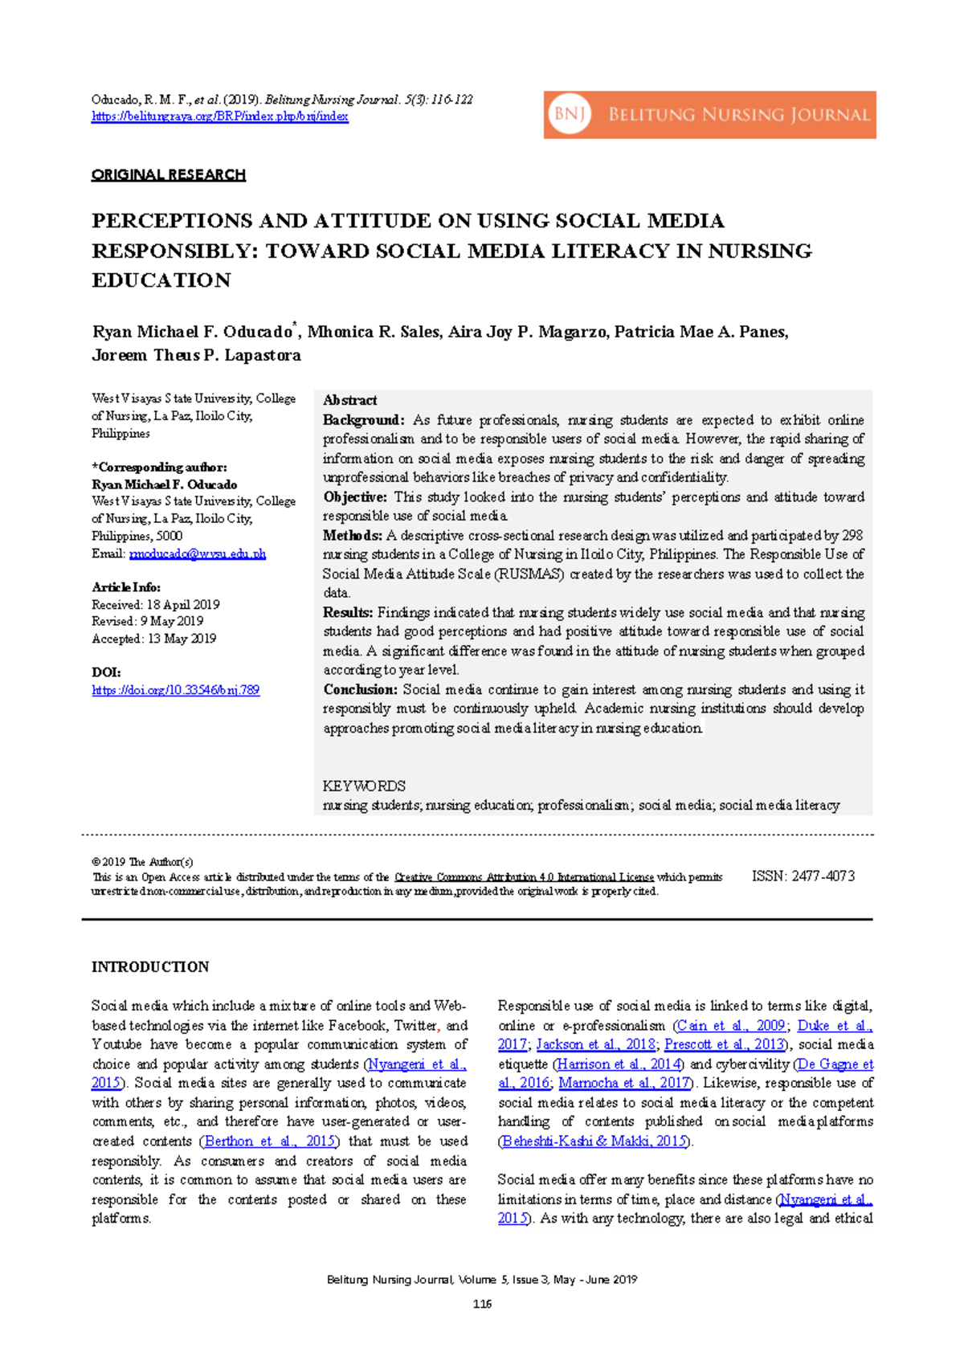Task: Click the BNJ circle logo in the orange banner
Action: (x=570, y=115)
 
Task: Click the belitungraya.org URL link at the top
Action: (x=219, y=116)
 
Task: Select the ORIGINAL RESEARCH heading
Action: (x=169, y=174)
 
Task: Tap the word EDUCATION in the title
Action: (x=161, y=280)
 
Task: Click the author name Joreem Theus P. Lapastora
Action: (x=196, y=355)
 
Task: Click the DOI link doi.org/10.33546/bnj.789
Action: (x=175, y=690)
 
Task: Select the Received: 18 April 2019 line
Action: (x=155, y=604)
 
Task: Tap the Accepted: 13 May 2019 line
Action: (x=153, y=639)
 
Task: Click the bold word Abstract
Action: (x=349, y=400)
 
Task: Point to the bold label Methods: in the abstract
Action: (x=352, y=535)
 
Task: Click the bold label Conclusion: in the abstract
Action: (x=360, y=689)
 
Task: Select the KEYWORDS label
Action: (x=364, y=786)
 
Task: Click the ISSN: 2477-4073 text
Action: (x=803, y=876)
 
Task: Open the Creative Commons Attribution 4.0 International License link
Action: (x=524, y=877)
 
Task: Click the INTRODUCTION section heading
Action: (x=150, y=967)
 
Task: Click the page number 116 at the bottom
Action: (x=482, y=1304)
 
